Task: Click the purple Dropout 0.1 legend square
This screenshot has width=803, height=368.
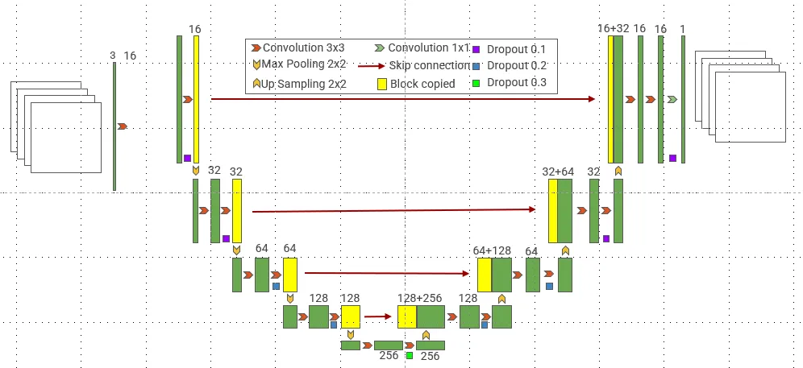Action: tap(476, 49)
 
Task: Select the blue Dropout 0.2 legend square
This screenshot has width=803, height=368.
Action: tap(476, 66)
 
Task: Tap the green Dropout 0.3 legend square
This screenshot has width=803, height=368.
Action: tap(476, 83)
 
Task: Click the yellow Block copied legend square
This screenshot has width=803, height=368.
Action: tap(382, 83)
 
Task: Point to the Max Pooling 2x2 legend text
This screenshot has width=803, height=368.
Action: tap(303, 64)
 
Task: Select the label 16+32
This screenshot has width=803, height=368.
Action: tap(613, 27)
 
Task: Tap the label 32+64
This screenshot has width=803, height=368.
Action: tap(558, 172)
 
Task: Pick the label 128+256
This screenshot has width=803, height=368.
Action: tap(420, 298)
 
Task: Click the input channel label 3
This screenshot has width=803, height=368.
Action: tap(113, 56)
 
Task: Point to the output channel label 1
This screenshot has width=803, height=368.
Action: tap(683, 28)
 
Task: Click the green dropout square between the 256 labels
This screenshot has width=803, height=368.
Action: tap(410, 355)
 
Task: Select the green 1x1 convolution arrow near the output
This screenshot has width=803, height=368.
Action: tap(672, 99)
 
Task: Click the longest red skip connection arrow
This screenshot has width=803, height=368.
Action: tap(403, 99)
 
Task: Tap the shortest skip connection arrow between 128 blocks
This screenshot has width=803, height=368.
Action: tap(378, 316)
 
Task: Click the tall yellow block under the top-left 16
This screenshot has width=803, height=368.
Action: tap(196, 98)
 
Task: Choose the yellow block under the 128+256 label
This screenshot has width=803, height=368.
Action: tap(406, 316)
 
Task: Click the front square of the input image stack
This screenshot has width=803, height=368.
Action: tap(66, 138)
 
